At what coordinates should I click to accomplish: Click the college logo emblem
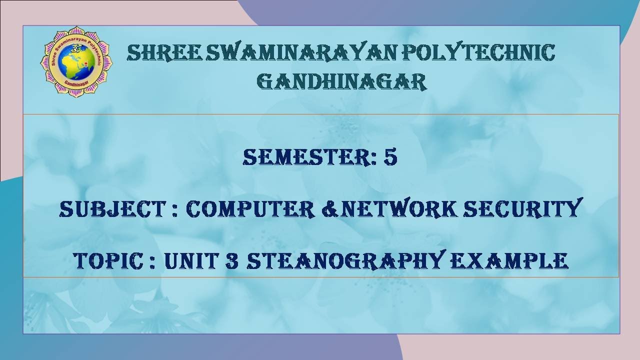point(76,61)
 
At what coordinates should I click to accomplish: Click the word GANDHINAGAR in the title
point(341,81)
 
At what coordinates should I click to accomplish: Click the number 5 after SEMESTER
point(390,157)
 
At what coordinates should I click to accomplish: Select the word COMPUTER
point(246,209)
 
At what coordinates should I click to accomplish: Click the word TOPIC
point(109,260)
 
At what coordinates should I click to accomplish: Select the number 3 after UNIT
point(231,260)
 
